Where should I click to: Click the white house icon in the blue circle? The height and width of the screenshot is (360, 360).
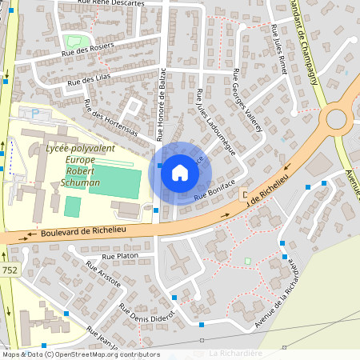pyautogui.click(x=180, y=173)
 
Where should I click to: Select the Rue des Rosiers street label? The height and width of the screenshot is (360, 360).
pyautogui.click(x=87, y=50)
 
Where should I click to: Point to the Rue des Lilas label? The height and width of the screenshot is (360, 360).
pyautogui.click(x=87, y=80)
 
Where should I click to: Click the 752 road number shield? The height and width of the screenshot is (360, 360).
pyautogui.click(x=10, y=270)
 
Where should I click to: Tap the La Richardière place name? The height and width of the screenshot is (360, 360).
pyautogui.click(x=235, y=353)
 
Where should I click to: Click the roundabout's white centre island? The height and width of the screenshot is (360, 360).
pyautogui.click(x=337, y=118)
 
